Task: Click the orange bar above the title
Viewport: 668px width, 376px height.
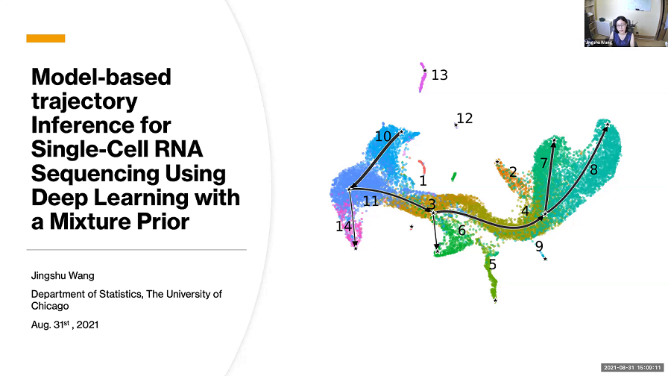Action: [x=45, y=38]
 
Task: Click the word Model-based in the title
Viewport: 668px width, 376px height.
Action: [x=101, y=76]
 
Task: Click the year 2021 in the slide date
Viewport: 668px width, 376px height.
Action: [x=87, y=325]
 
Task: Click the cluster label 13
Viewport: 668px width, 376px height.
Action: [x=440, y=75]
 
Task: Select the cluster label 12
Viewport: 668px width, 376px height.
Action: [x=465, y=118]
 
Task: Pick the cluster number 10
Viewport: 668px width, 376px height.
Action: [x=383, y=136]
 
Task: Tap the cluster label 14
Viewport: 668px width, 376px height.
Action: [x=343, y=226]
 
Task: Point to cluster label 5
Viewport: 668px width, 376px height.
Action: [x=492, y=264]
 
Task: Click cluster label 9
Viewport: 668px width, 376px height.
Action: [x=539, y=245]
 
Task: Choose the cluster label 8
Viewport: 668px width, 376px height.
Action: [x=594, y=170]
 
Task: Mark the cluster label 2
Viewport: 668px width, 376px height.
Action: [x=513, y=172]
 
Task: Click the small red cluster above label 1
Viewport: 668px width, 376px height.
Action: [x=422, y=166]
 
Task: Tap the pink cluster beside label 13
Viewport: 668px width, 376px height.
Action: [x=423, y=78]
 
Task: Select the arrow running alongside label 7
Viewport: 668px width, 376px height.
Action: [x=551, y=179]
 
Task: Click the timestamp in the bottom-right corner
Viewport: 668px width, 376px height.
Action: [x=632, y=368]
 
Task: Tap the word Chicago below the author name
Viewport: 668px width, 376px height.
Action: [x=50, y=306]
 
